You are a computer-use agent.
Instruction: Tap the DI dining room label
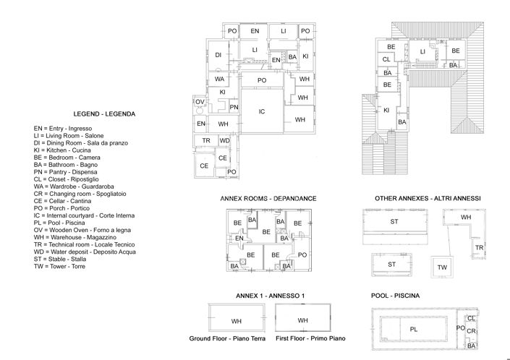pyautogui.click(x=218, y=55)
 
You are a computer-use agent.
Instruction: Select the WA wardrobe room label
pyautogui.click(x=219, y=79)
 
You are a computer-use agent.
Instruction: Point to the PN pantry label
pyautogui.click(x=234, y=107)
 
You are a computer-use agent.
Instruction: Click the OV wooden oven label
pyautogui.click(x=200, y=102)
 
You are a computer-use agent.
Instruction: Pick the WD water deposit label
pyautogui.click(x=224, y=140)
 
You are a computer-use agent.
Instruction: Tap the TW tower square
pyautogui.click(x=441, y=267)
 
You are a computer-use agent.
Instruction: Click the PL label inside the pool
pyautogui.click(x=413, y=329)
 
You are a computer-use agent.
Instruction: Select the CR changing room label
pyautogui.click(x=471, y=331)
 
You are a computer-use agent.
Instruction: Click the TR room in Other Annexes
pyautogui.click(x=478, y=248)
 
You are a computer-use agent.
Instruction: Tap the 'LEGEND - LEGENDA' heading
pyautogui.click(x=105, y=114)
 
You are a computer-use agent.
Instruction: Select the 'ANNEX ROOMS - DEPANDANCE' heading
pyautogui.click(x=268, y=198)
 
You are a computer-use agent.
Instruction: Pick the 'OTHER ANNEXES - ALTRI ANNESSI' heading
pyautogui.click(x=428, y=198)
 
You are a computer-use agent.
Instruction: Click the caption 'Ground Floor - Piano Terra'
pyautogui.click(x=227, y=338)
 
